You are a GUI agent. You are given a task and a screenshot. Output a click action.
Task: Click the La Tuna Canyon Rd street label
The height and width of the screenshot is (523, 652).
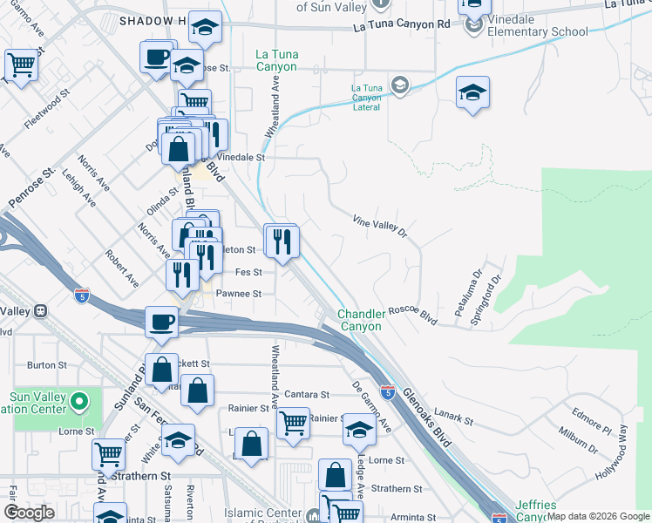(x=402, y=25)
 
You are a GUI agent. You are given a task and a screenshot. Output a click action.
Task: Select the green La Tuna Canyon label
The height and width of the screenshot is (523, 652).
(x=277, y=60)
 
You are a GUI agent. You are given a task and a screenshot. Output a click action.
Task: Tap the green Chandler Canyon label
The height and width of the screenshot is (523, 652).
(x=360, y=320)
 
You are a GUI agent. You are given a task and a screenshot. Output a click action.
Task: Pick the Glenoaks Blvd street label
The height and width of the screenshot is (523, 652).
(x=428, y=418)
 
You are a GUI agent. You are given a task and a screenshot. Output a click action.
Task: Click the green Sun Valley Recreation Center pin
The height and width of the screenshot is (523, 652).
(x=79, y=403)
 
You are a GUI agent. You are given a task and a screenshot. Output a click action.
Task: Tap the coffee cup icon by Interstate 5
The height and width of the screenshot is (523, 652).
(x=160, y=321)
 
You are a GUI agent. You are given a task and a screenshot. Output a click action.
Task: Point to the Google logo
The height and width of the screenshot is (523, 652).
(x=29, y=512)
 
